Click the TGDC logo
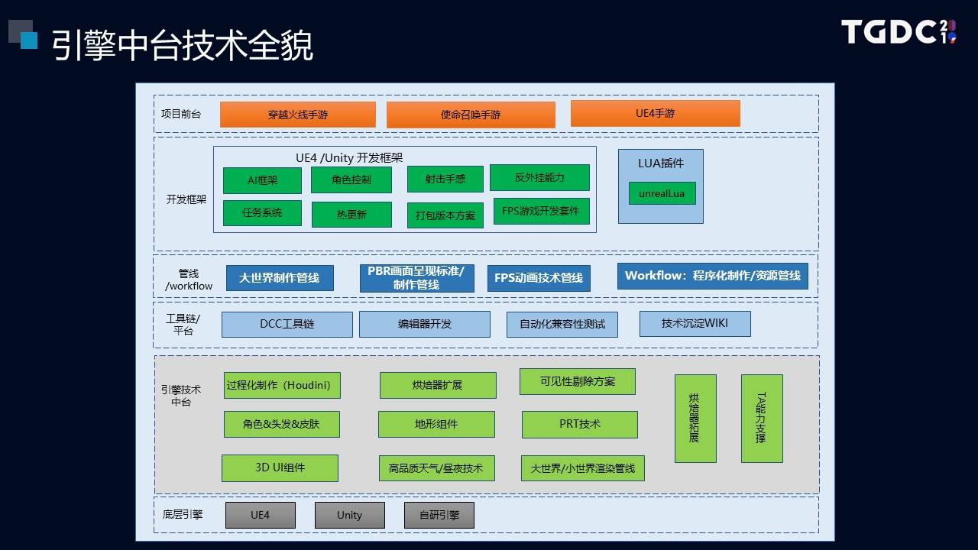point(899,31)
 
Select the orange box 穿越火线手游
point(298,115)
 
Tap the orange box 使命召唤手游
point(471,115)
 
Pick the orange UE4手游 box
point(656,114)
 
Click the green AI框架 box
point(262,180)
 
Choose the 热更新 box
point(351,215)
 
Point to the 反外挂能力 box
point(539,177)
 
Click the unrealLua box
point(662,193)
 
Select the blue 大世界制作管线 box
point(280,278)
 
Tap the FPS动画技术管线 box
point(539,278)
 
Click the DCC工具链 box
point(287,325)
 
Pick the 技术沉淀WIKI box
point(695,323)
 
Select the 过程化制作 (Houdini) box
point(282,386)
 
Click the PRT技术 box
point(580,424)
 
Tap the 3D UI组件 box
point(280,468)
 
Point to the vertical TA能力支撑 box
point(762,418)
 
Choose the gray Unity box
point(350,515)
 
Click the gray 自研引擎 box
point(439,515)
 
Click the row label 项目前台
point(181,115)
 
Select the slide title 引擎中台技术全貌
point(183,45)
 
